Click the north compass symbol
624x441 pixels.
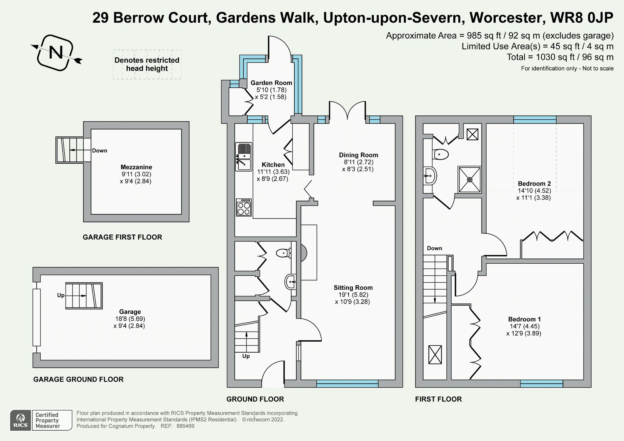click(56, 53)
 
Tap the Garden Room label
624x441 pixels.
click(271, 83)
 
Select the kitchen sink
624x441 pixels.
click(244, 157)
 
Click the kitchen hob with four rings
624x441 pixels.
click(244, 207)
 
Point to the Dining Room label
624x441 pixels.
click(358, 155)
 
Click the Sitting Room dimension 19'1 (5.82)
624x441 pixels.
click(353, 295)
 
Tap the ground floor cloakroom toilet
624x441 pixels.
click(283, 254)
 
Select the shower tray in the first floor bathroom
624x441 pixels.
click(470, 180)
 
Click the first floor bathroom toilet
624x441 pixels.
click(441, 155)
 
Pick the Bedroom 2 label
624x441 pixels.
click(534, 184)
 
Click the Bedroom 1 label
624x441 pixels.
click(524, 319)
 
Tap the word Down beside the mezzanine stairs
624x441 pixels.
click(100, 151)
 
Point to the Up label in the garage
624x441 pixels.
click(61, 295)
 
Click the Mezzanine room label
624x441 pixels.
click(136, 167)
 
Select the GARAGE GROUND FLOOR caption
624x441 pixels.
click(78, 379)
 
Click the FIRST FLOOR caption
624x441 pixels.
click(438, 399)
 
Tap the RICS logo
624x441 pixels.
click(21, 420)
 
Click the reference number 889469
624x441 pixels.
click(185, 426)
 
